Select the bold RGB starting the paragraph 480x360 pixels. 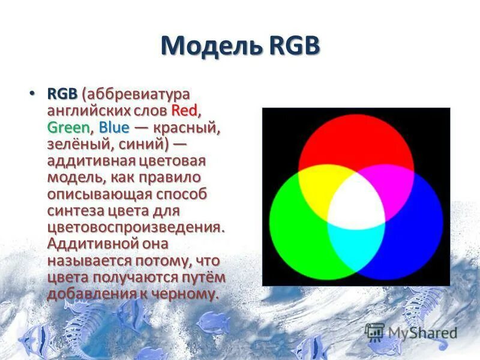[x=62, y=95]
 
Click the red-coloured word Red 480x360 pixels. [x=184, y=111]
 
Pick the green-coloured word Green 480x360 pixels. [x=68, y=127]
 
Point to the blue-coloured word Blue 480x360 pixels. [x=114, y=127]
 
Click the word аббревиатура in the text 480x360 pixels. [x=139, y=95]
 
